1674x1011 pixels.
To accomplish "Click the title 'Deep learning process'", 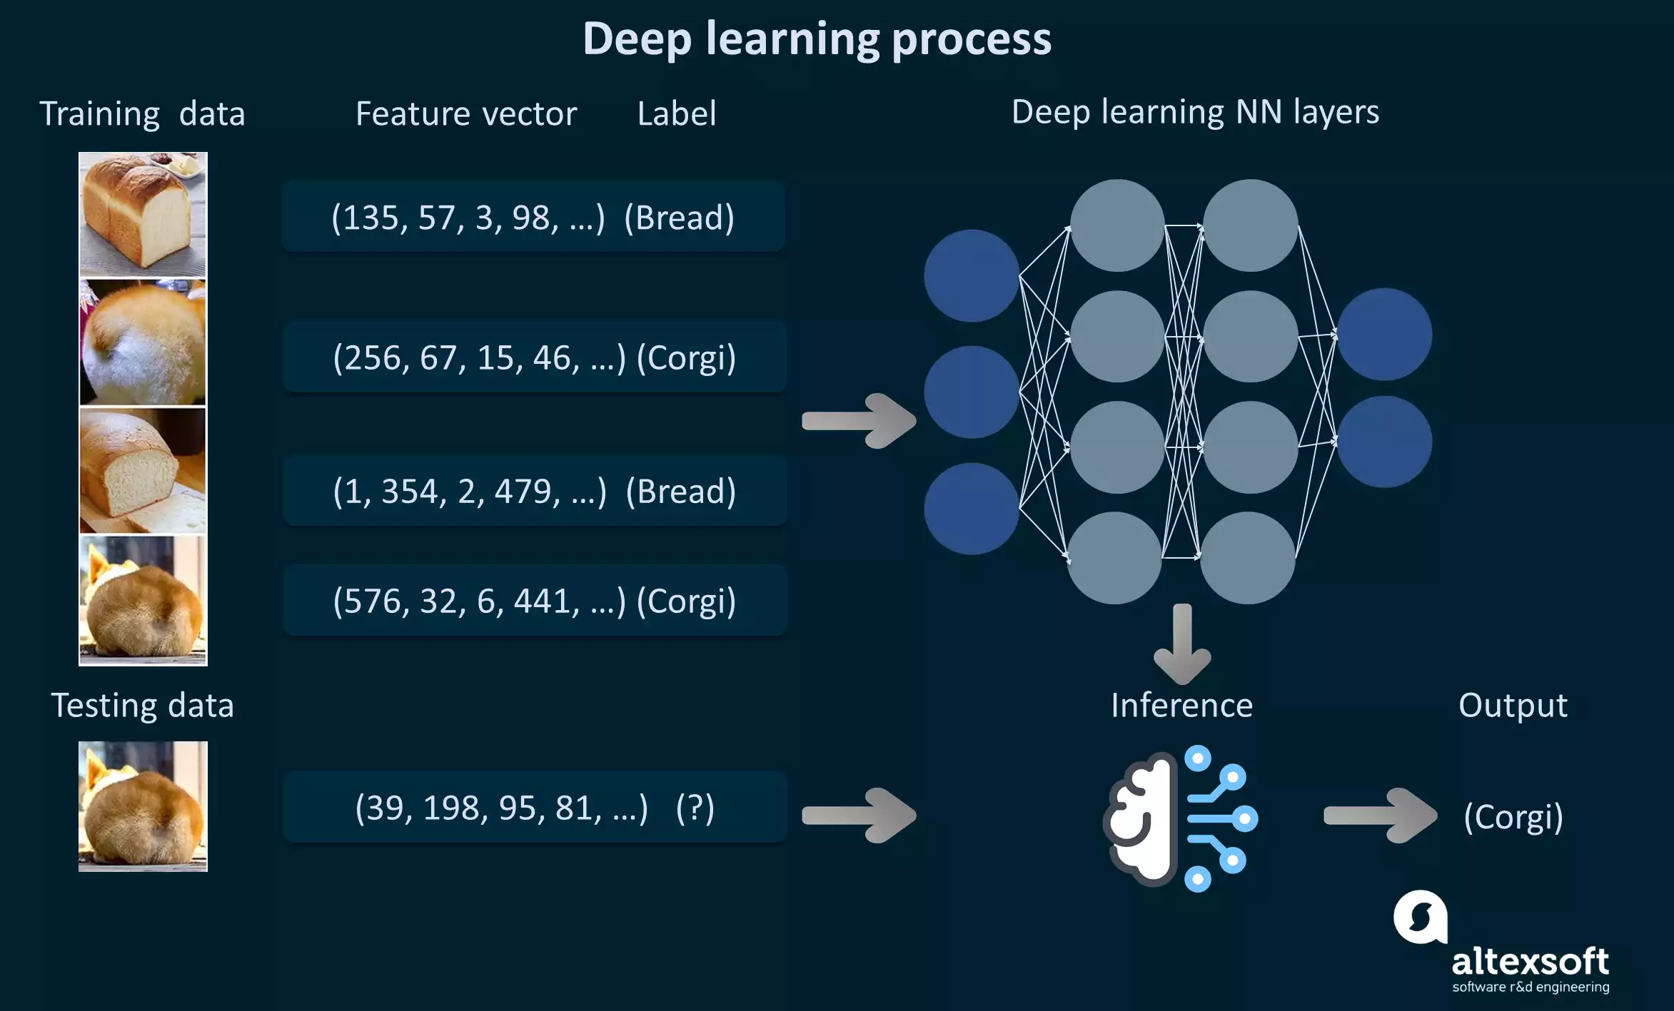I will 817,39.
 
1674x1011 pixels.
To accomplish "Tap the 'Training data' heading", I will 142,114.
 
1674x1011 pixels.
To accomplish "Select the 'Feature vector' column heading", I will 465,114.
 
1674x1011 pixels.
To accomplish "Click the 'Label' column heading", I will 676,114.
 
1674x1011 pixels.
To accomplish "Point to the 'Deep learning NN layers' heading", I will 1195,112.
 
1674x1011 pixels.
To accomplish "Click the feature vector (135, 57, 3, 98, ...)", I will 468,218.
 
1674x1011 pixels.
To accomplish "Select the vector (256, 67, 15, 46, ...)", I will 478,357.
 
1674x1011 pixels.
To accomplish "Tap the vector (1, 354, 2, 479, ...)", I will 469,492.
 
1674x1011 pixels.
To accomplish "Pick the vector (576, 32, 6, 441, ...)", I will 478,601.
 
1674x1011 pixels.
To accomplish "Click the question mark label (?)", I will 695,808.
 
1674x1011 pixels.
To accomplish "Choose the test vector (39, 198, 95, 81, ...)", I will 501,808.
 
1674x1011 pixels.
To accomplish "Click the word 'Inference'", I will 1181,705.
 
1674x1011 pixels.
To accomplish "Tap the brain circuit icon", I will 1181,818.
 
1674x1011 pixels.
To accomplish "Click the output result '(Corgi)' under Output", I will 1513,816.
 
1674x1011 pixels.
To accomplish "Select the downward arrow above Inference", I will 1182,642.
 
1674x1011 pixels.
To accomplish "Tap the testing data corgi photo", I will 143,806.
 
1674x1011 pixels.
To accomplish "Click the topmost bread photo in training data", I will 143,214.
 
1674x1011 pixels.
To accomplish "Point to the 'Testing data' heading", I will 142,706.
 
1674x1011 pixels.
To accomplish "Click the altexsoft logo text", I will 1530,962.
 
